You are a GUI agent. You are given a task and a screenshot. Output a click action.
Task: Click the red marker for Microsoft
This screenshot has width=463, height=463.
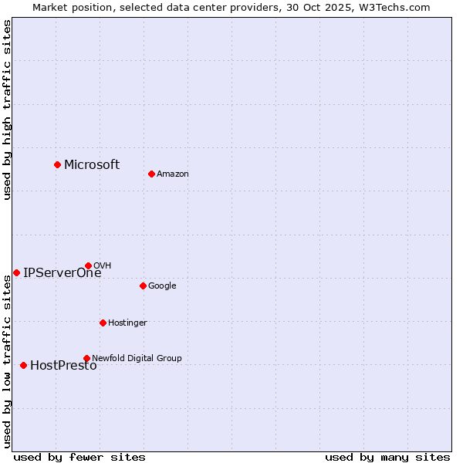tap(57, 164)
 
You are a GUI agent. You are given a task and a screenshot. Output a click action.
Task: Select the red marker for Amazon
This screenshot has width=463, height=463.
tap(151, 174)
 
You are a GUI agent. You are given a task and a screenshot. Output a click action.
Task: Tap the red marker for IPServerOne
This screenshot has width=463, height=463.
tap(16, 272)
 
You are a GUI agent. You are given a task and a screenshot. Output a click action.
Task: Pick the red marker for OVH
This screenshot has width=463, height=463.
tap(88, 265)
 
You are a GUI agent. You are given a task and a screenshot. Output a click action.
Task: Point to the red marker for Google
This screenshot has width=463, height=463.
tap(143, 286)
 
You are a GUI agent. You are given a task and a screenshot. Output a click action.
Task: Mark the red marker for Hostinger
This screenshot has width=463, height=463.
tap(103, 323)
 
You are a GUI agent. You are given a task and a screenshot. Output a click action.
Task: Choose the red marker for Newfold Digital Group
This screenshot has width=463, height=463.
tap(86, 358)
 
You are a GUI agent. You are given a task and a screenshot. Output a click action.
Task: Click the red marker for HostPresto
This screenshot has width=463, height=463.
tap(23, 365)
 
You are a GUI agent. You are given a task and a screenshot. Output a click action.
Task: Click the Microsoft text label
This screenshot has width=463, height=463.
tap(92, 164)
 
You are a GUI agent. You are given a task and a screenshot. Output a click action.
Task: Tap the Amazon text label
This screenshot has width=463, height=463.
tap(173, 174)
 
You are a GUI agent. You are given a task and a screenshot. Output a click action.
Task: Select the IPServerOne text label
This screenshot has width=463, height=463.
tap(62, 272)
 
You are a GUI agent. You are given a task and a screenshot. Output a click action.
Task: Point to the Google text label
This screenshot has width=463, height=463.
tap(162, 286)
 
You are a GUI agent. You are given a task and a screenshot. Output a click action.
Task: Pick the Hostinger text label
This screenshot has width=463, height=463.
tap(127, 323)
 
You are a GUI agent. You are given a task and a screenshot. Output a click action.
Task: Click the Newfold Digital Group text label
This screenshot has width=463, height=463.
tap(137, 358)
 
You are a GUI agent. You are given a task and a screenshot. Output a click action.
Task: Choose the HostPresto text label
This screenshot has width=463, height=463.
tap(63, 366)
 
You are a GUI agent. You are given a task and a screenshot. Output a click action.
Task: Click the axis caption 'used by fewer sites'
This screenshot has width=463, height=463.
tap(79, 457)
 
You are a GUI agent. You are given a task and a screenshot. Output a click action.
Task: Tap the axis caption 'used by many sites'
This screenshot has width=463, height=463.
tap(387, 457)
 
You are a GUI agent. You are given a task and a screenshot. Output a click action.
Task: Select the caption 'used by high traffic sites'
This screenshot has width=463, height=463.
tap(7, 110)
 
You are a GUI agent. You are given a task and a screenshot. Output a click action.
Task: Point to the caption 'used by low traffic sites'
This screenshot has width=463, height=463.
tap(7, 361)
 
